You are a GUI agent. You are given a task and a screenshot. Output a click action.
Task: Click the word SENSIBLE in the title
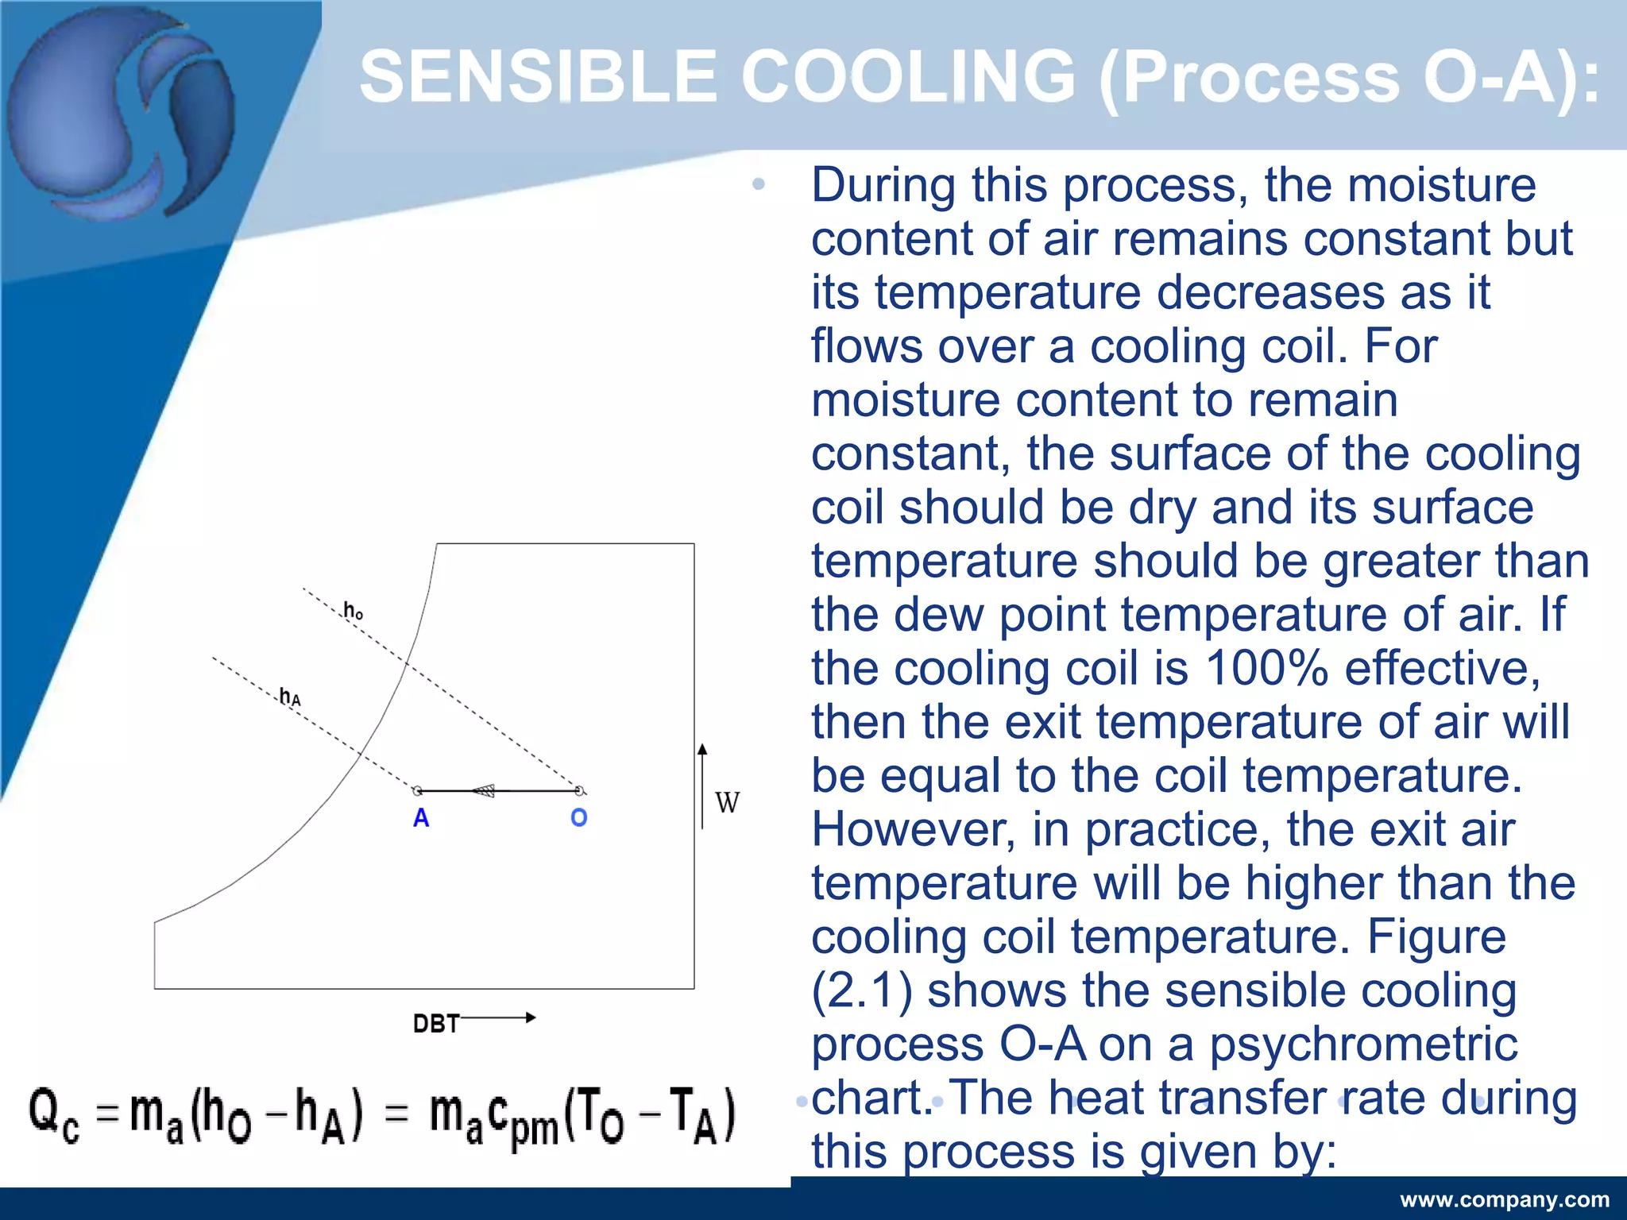point(538,77)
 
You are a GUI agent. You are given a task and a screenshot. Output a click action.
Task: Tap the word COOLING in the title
point(908,77)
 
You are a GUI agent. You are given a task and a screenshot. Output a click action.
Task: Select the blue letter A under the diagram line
point(421,818)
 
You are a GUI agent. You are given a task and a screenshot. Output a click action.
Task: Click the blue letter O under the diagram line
point(579,817)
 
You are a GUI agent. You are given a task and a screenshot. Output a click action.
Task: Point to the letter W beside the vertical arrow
point(727,803)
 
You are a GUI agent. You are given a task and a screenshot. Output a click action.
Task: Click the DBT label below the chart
point(436,1024)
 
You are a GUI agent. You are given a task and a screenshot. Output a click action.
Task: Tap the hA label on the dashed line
point(290,697)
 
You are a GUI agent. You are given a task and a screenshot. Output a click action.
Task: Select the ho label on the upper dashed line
point(353,611)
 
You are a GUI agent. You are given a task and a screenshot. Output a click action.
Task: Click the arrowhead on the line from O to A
point(484,791)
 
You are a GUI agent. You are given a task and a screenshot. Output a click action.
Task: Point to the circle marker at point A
point(417,791)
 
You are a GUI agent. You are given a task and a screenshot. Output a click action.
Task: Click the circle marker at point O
point(580,791)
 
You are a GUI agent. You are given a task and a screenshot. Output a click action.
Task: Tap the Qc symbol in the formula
point(54,1116)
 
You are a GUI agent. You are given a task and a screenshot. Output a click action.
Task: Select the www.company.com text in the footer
point(1505,1199)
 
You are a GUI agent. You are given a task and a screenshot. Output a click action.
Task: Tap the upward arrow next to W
point(702,786)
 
